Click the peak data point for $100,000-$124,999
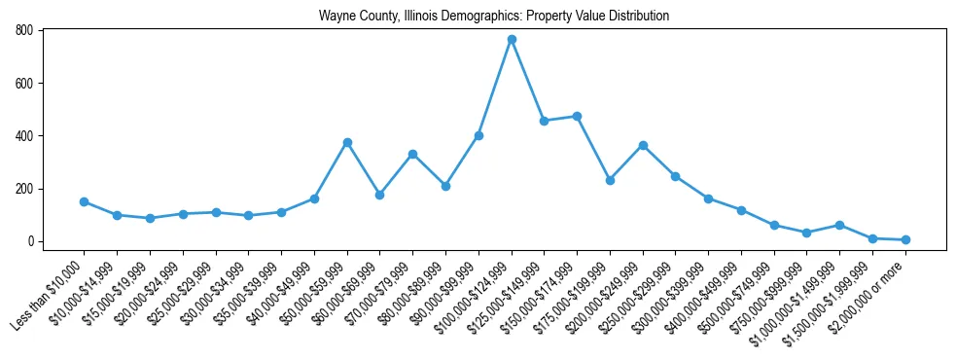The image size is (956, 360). pos(512,40)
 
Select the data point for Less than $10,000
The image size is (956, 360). pos(84,201)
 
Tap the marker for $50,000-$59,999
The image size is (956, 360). pos(347,142)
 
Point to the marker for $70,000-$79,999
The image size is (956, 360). pos(412,154)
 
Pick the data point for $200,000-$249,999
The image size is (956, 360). pos(643,145)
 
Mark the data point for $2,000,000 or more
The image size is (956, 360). pos(905,239)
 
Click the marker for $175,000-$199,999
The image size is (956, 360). pos(610,180)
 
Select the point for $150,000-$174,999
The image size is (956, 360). pos(577,116)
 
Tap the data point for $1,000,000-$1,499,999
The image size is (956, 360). pos(840,225)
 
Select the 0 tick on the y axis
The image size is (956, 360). pos(32,241)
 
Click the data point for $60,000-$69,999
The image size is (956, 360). pos(379,195)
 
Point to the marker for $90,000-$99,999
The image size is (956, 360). pos(478,135)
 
